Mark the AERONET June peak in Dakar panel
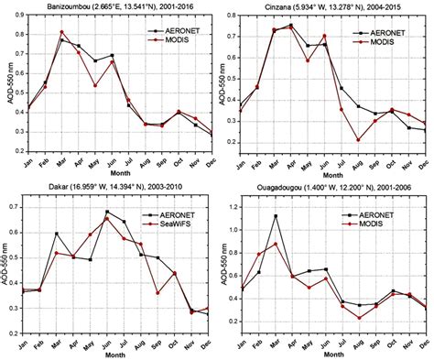click(107, 212)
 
